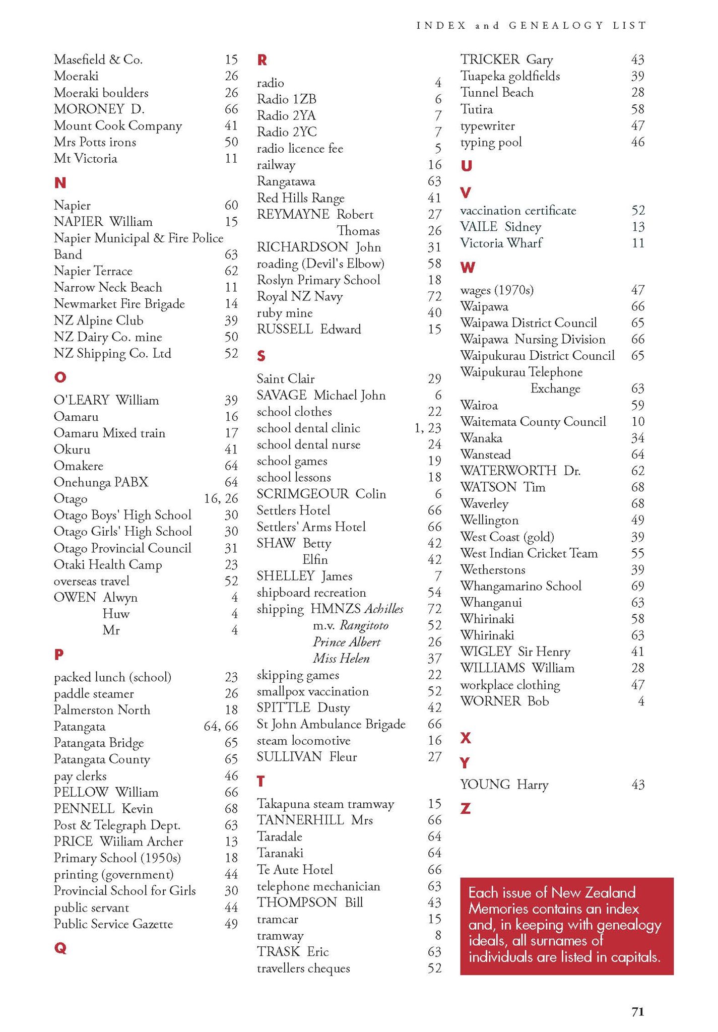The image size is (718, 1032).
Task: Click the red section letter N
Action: tap(60, 182)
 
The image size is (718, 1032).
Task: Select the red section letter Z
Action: tap(466, 809)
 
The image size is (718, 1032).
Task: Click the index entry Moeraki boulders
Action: tap(101, 93)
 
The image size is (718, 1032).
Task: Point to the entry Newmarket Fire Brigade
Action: tap(119, 304)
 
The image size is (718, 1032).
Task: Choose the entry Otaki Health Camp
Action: tap(107, 564)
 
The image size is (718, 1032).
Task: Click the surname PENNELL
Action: tap(84, 808)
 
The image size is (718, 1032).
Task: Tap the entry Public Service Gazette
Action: tap(113, 924)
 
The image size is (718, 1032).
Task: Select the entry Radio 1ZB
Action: tap(286, 99)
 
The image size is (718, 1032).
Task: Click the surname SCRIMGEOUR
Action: tap(302, 494)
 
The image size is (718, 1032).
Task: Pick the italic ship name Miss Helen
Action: tap(341, 658)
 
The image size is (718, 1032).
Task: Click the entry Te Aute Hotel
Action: tap(295, 869)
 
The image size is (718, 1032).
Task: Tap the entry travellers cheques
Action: tap(303, 968)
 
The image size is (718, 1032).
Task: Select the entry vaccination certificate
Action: tap(518, 211)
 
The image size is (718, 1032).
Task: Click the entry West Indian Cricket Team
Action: tap(529, 553)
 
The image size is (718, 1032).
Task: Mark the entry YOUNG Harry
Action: tap(504, 785)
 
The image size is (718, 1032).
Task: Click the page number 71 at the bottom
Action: tap(638, 1011)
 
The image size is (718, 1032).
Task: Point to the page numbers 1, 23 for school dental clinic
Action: tap(427, 428)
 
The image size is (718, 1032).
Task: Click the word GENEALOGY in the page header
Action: tap(555, 26)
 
